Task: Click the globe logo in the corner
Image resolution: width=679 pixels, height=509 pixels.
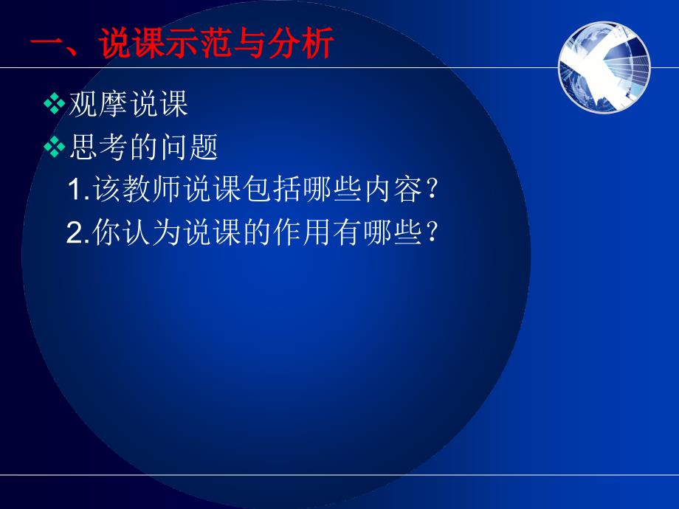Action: coord(604,67)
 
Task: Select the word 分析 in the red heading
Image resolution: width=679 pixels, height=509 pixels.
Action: coord(301,44)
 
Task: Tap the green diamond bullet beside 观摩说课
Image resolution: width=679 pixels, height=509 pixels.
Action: coord(54,104)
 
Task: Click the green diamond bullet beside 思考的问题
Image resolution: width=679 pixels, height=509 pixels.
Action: coord(54,147)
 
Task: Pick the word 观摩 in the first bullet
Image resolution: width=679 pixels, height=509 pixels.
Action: coord(98,104)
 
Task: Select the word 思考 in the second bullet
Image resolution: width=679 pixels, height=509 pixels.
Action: coord(98,147)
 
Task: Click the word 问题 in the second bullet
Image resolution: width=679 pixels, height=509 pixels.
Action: coord(189,147)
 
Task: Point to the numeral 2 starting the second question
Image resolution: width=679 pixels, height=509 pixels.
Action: coord(74,232)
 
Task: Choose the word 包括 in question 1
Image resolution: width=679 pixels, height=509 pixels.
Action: coord(272,189)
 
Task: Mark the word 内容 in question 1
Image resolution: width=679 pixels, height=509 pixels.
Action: coord(393,189)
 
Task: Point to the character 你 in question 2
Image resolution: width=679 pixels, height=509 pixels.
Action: coord(106,232)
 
